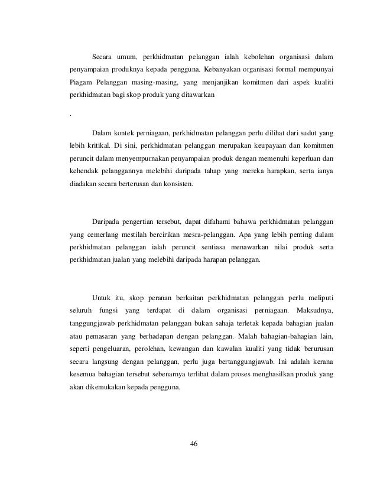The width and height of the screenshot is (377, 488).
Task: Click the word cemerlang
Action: click(104, 235)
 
